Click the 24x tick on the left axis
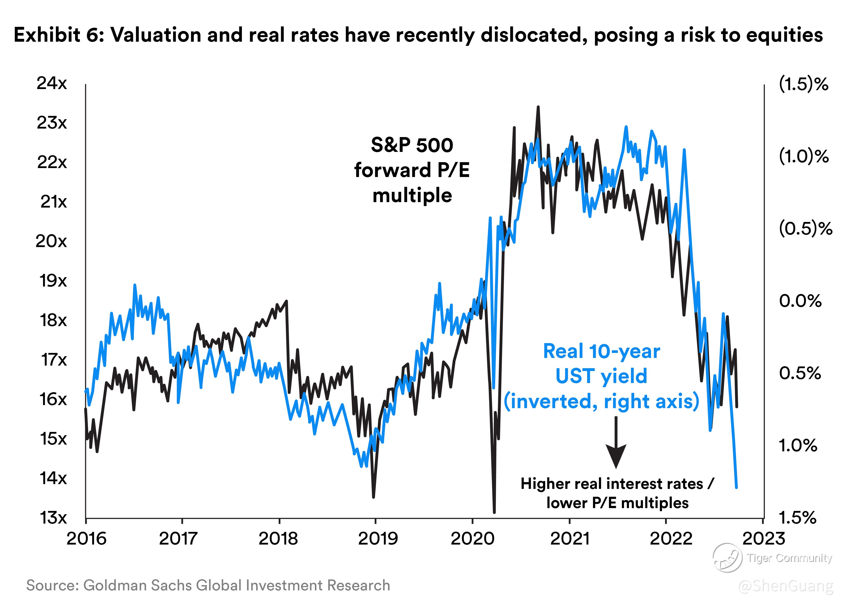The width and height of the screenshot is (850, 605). (x=52, y=83)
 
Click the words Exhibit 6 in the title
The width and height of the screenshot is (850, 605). (x=59, y=35)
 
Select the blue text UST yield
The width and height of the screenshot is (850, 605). (x=601, y=376)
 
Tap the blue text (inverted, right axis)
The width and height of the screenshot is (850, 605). (x=601, y=401)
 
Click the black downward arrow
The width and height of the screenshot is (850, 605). (x=616, y=443)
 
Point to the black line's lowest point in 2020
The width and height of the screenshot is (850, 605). (x=494, y=512)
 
